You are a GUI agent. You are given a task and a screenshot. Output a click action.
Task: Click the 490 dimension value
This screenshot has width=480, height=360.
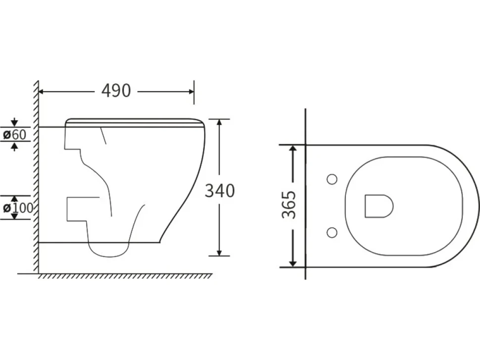click(116, 91)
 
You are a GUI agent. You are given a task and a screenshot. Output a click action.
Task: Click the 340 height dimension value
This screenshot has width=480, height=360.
click(220, 190)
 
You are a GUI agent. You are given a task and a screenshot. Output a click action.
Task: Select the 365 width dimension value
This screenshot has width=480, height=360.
click(289, 205)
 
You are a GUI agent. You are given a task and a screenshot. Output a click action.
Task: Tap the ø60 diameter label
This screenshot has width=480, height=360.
click(15, 135)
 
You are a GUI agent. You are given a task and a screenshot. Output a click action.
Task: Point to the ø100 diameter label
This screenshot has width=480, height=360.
click(18, 208)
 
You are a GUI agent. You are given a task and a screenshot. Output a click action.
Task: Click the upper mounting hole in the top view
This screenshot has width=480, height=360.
click(332, 179)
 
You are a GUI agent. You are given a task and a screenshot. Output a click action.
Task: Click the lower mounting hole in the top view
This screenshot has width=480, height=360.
click(332, 233)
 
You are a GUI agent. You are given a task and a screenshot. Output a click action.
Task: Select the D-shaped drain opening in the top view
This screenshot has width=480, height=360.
click(379, 206)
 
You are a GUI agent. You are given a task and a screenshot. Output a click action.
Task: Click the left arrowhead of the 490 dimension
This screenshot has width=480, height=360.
click(42, 91)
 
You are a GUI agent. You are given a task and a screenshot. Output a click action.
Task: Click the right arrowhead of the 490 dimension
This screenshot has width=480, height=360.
click(191, 91)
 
